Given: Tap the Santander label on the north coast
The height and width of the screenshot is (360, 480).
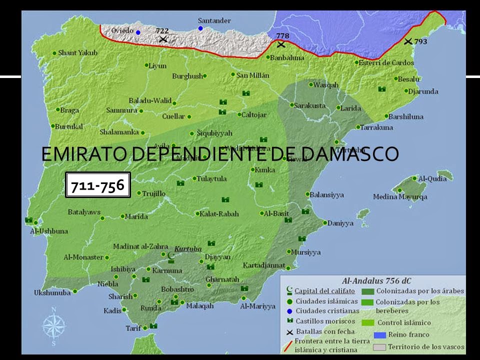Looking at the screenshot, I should click(214, 20).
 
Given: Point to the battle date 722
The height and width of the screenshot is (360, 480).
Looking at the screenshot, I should click(162, 31).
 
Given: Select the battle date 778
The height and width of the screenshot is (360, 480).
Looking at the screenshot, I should click(282, 35).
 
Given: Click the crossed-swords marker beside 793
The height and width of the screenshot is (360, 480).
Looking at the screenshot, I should click(408, 41).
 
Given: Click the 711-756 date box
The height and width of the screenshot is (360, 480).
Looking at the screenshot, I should click(98, 185).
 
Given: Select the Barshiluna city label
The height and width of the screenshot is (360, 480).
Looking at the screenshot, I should click(406, 116).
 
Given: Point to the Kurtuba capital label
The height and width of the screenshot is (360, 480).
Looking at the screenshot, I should click(185, 248).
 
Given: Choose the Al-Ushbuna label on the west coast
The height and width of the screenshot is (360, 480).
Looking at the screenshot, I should click(46, 231).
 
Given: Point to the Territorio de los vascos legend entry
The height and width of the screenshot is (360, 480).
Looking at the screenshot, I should click(418, 346).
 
